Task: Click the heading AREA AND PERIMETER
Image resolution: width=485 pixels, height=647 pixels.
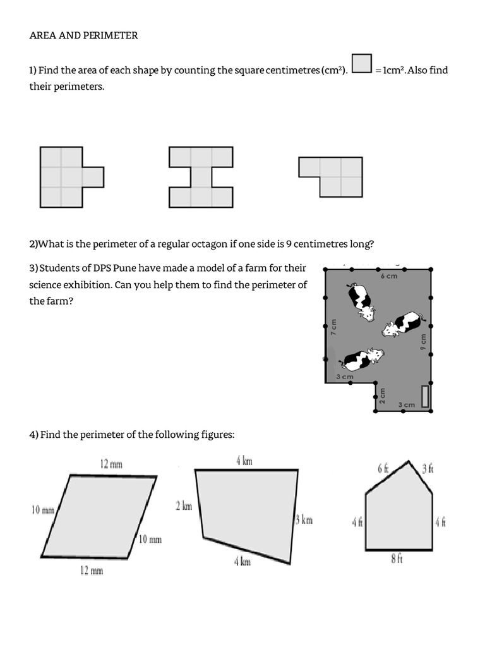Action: pyautogui.click(x=83, y=35)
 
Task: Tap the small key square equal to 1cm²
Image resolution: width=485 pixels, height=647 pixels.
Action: pyautogui.click(x=361, y=64)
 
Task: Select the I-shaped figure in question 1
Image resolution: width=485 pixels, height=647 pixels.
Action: pyautogui.click(x=201, y=177)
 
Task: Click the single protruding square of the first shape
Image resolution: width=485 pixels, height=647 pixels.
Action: pyautogui.click(x=93, y=177)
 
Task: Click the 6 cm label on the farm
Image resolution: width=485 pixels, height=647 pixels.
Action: pyautogui.click(x=389, y=277)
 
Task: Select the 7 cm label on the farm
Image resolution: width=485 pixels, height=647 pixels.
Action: pyautogui.click(x=334, y=327)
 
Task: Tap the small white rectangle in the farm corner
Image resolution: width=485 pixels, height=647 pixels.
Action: pyautogui.click(x=425, y=396)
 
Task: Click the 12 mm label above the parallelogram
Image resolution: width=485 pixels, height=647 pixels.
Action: pyautogui.click(x=111, y=464)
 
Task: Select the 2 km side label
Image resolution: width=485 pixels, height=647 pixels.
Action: pyautogui.click(x=183, y=505)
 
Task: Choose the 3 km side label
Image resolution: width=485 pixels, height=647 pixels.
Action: pyautogui.click(x=304, y=520)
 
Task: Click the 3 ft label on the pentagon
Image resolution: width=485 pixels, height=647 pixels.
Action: pyautogui.click(x=428, y=468)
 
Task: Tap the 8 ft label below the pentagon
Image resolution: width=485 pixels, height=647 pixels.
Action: pyautogui.click(x=397, y=559)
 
